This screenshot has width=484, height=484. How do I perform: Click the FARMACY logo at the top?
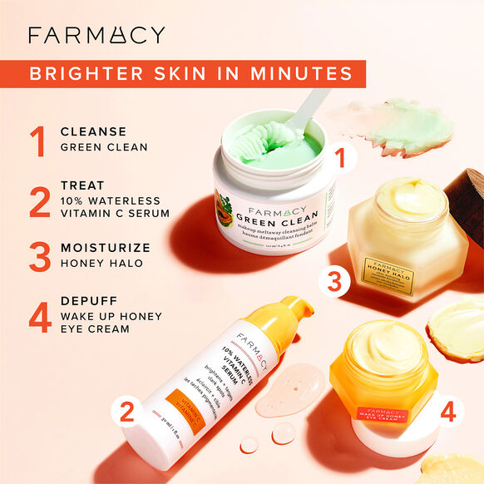[96, 35]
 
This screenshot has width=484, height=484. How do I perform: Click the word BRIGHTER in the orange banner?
[80, 73]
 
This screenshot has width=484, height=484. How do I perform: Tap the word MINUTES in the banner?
[309, 73]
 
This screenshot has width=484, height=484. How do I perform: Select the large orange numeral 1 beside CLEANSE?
[37, 141]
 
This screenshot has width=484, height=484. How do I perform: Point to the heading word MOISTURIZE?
[106, 248]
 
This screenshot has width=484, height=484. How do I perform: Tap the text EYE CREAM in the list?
[95, 329]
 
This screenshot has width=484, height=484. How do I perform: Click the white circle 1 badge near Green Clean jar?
[338, 154]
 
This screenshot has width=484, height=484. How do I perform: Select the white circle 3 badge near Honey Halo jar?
[334, 282]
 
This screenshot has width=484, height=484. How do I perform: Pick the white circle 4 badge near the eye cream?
[447, 410]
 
